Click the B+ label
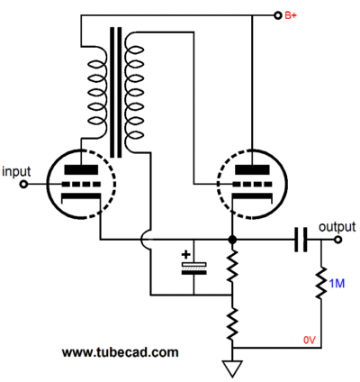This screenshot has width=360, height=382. click(x=291, y=15)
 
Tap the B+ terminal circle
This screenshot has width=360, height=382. click(x=278, y=15)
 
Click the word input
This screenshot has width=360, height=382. click(x=16, y=172)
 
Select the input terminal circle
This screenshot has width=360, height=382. click(x=23, y=184)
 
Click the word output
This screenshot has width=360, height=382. click(x=337, y=227)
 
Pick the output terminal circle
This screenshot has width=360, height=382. click(x=338, y=240)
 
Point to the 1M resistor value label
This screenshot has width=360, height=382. click(x=337, y=283)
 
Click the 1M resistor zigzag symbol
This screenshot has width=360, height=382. click(x=321, y=282)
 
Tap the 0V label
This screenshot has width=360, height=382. click(x=310, y=340)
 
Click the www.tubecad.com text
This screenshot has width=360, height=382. click(x=121, y=352)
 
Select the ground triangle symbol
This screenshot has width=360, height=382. click(x=232, y=369)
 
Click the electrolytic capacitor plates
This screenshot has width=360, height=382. click(x=193, y=268)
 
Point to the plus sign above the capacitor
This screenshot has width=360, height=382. click(x=186, y=255)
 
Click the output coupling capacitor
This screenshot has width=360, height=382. click(x=301, y=240)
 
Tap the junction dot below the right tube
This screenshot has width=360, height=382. click(x=232, y=240)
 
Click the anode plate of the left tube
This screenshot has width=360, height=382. click(x=81, y=169)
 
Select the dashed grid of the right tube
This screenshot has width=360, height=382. click(x=253, y=184)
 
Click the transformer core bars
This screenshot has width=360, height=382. click(x=116, y=93)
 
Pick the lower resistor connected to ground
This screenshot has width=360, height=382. click(x=232, y=324)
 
